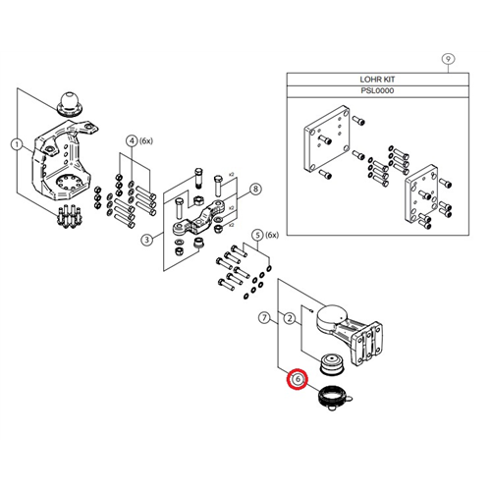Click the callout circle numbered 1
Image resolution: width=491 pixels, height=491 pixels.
point(17,144)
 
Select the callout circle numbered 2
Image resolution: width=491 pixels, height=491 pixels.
point(290,318)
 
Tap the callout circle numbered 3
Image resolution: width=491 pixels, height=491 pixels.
point(146,240)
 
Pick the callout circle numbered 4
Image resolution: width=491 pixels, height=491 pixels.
point(132,141)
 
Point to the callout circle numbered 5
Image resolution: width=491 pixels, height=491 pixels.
point(258,235)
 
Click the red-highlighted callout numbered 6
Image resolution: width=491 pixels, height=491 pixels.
point(297,379)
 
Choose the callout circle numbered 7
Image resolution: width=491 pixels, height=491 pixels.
point(265,318)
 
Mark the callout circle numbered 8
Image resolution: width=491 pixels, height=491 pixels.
point(255,190)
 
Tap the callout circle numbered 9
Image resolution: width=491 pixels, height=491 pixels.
point(448,59)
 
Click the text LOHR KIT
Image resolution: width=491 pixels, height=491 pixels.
point(377,80)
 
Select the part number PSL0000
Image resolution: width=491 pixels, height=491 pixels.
point(377,90)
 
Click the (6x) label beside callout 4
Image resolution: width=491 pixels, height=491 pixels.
point(146,140)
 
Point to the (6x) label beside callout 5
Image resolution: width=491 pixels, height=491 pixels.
point(272,235)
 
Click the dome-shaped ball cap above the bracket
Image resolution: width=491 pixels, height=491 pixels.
point(70,103)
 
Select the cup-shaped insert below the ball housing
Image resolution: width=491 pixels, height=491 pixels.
point(332,363)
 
